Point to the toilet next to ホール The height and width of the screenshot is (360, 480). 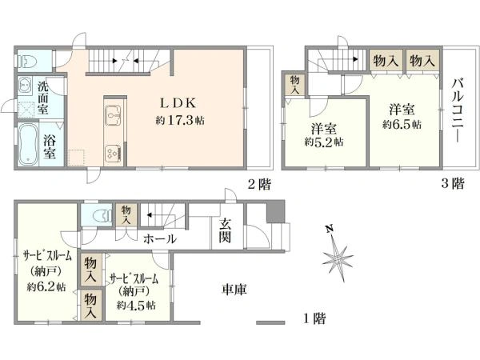click(x=98, y=215)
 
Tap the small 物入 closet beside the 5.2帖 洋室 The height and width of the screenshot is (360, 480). click(x=295, y=86)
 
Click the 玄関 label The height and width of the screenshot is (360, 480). click(x=226, y=231)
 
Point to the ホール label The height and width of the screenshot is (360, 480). click(x=160, y=239)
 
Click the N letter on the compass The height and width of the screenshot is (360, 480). click(x=329, y=230)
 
